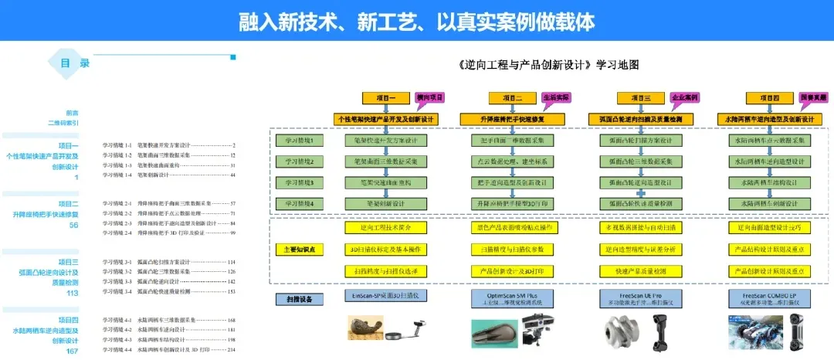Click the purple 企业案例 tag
pos(683,98)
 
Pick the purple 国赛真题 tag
pos(812,98)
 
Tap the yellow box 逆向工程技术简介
pos(386,228)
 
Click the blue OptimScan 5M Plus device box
pos(512,297)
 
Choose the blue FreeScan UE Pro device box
pos(640,297)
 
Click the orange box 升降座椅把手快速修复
pos(512,119)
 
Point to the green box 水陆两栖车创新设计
pos(770,203)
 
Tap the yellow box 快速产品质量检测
pos(641,271)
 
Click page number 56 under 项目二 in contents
pos(74,225)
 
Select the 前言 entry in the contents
pos(72,112)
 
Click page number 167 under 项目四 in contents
pos(73,351)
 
